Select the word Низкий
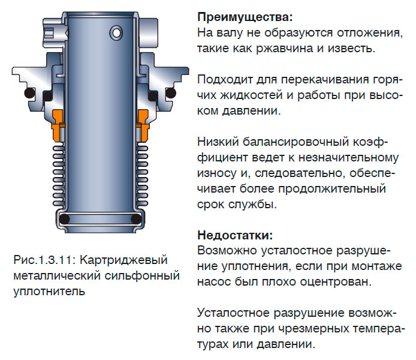(x=218, y=142)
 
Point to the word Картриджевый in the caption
(x=123, y=260)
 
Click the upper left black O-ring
(x=28, y=94)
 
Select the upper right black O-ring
(x=171, y=94)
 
